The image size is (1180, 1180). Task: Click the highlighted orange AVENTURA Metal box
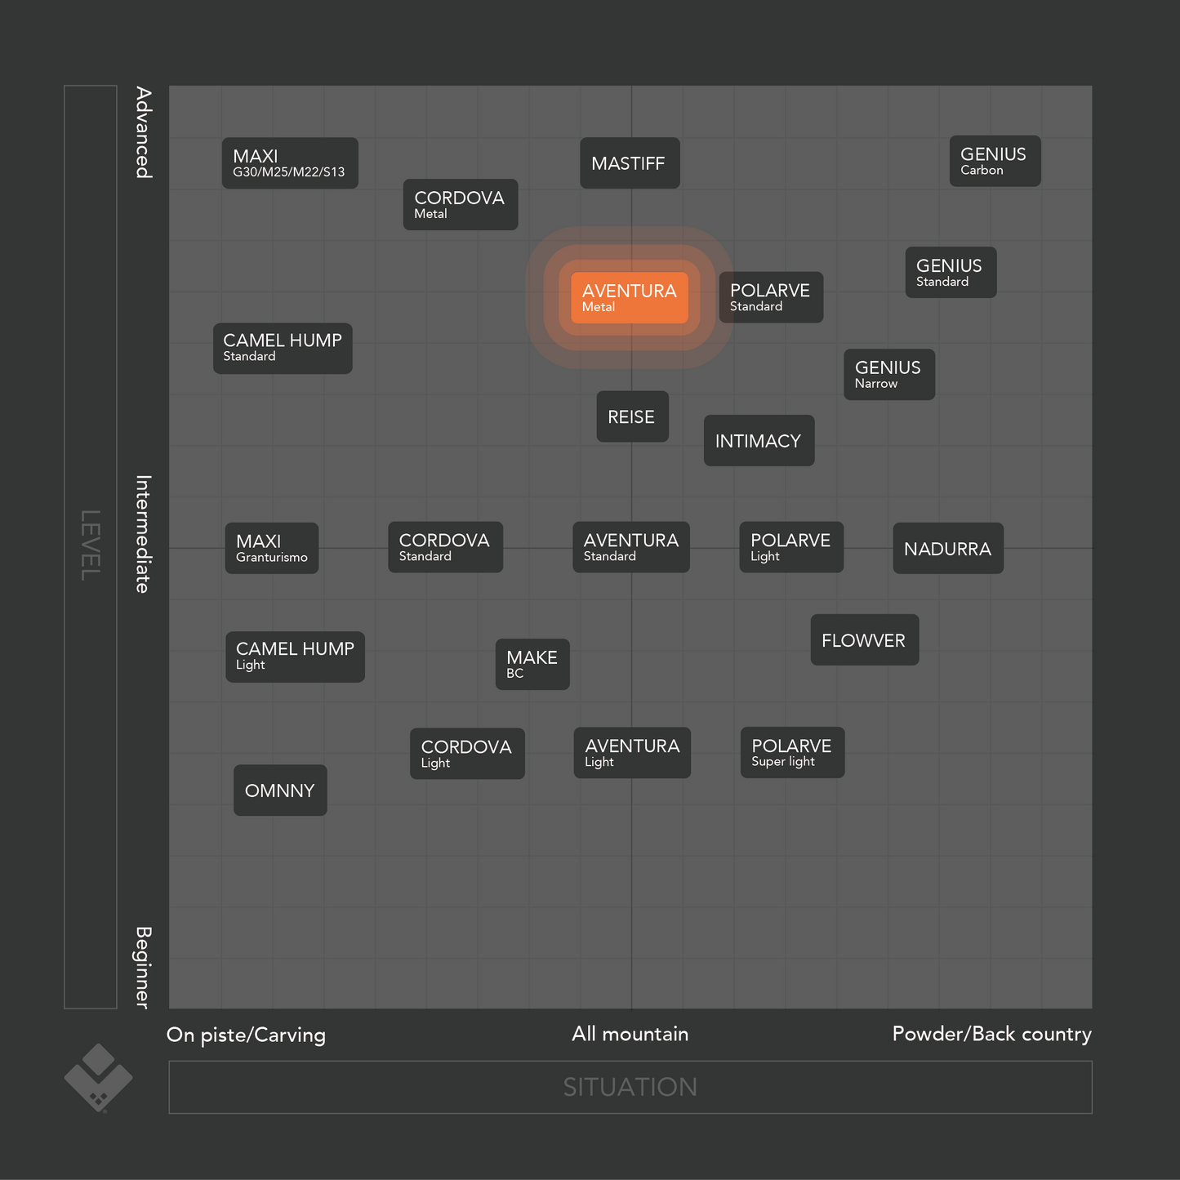[629, 298]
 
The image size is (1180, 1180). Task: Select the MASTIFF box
[630, 163]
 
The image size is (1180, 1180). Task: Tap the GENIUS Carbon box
[995, 162]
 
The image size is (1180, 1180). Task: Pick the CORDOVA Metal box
[461, 205]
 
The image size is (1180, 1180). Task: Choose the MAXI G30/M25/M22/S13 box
[290, 163]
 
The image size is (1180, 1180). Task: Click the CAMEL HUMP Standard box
[283, 349]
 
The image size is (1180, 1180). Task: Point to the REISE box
[632, 416]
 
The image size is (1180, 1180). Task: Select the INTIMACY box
[759, 441]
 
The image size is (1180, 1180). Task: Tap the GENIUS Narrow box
[889, 375]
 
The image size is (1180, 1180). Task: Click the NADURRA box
[948, 549]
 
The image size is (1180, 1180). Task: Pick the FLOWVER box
[864, 640]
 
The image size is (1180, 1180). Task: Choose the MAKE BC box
[532, 665]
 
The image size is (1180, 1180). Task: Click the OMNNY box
[280, 790]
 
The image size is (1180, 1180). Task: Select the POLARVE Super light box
[792, 753]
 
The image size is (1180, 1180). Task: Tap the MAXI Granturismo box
[272, 549]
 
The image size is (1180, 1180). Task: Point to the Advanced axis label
[144, 132]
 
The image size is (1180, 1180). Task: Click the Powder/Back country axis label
[991, 1034]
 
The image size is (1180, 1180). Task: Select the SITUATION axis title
[630, 1087]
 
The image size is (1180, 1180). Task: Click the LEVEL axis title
[90, 545]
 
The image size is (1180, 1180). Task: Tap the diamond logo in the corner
[99, 1077]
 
